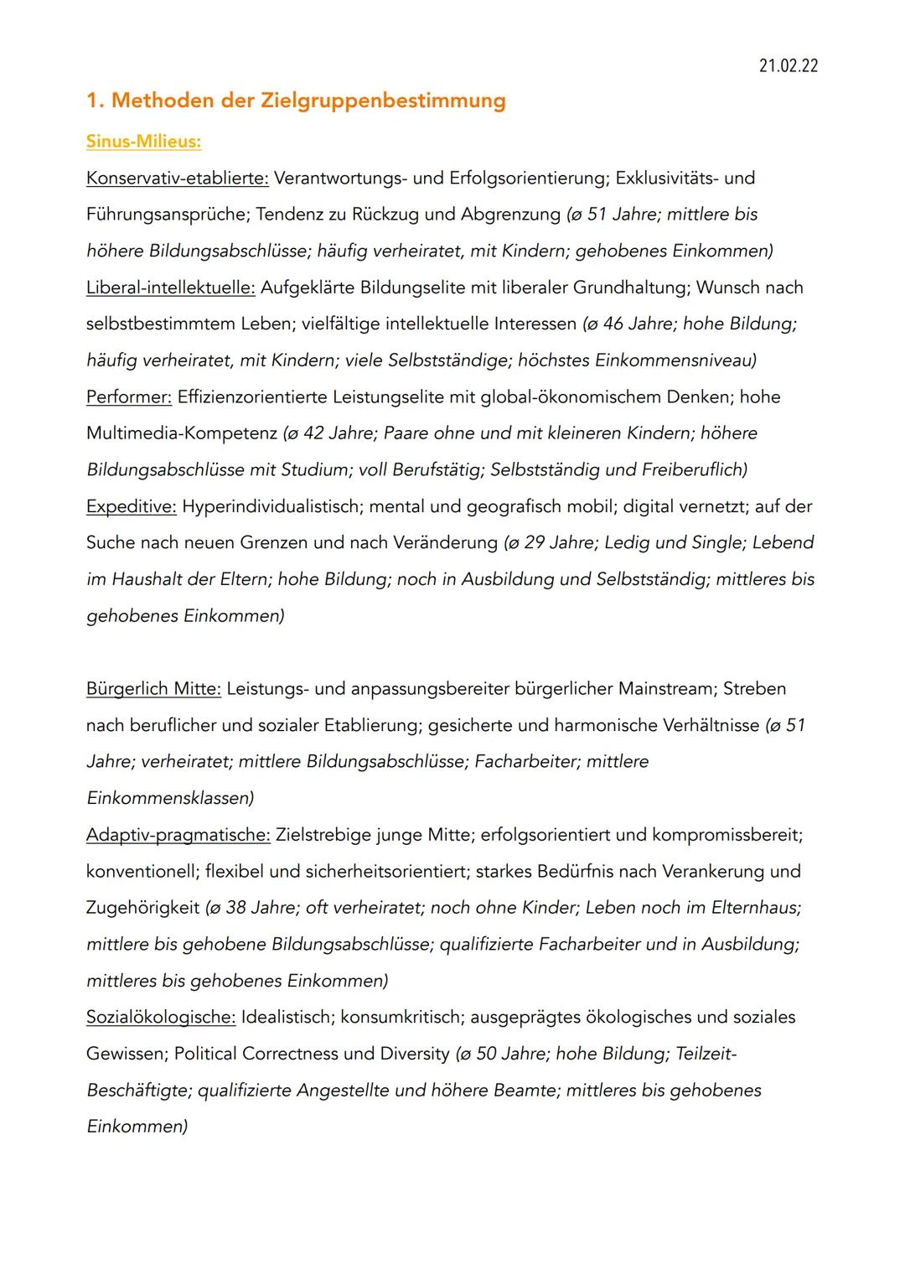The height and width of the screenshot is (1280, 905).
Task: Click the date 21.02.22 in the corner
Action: (x=788, y=66)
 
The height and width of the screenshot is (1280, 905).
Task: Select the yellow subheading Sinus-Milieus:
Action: (x=143, y=141)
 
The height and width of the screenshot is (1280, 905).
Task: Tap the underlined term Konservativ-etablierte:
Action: (x=177, y=178)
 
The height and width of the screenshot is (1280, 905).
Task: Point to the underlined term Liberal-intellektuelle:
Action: (x=170, y=288)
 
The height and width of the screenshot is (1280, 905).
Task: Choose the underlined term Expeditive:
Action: (x=131, y=506)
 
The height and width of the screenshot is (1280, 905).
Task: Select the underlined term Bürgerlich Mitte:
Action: (x=153, y=688)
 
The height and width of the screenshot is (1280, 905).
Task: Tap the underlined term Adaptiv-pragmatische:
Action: (x=178, y=835)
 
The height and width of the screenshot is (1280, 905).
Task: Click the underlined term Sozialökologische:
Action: (x=161, y=1017)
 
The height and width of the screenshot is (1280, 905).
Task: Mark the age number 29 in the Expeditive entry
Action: (x=535, y=542)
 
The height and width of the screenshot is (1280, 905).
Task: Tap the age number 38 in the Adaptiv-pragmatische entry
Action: (x=236, y=907)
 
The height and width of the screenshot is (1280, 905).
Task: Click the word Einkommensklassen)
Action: (x=170, y=798)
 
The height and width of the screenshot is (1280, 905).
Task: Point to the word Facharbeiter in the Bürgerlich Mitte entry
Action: (x=525, y=761)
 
